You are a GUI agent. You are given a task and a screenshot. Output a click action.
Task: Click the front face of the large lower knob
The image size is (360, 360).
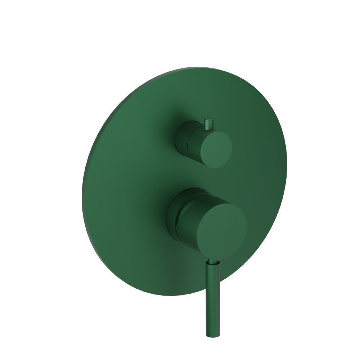[x=221, y=230]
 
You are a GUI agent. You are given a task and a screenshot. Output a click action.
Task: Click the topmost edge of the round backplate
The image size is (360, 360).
[x=202, y=67]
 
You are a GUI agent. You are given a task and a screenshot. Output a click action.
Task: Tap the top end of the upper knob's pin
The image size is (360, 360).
[x=208, y=119]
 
